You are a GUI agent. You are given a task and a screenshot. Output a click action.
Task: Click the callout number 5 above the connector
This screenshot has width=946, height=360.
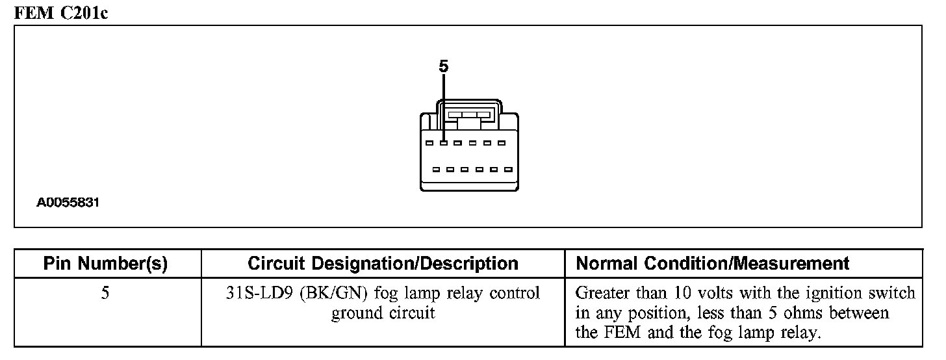tap(444, 66)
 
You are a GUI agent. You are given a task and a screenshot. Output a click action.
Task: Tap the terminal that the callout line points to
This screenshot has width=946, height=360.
tap(444, 143)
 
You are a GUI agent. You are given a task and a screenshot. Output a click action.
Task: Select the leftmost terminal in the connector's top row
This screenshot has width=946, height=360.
tap(429, 143)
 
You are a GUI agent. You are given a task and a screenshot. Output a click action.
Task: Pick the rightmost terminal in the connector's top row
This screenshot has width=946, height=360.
tap(502, 143)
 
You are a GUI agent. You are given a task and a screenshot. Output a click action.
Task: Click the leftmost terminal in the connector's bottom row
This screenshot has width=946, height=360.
tap(436, 170)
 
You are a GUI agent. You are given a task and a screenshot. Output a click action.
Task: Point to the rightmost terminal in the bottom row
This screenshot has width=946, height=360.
tap(509, 170)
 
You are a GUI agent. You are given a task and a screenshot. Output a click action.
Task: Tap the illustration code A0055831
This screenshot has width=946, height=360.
tap(68, 203)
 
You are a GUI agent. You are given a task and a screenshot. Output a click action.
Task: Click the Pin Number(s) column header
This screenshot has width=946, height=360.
tap(105, 263)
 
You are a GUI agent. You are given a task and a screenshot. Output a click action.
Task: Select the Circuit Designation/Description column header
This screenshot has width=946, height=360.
tap(383, 263)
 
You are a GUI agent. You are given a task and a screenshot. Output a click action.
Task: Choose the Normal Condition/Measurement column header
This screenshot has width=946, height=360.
tap(713, 263)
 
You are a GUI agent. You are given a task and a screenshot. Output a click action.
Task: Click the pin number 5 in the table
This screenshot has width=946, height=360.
tap(105, 293)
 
